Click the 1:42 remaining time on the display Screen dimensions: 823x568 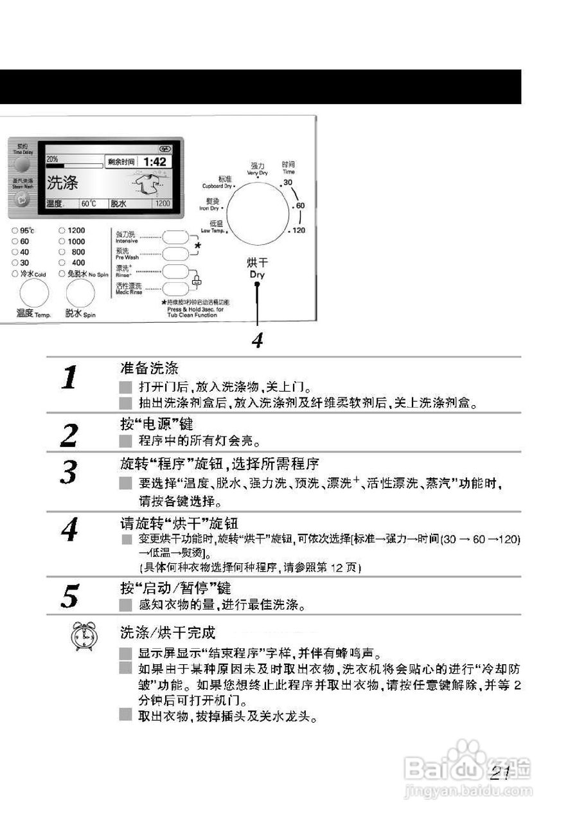pyautogui.click(x=154, y=162)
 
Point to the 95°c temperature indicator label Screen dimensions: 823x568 pyautogui.click(x=26, y=230)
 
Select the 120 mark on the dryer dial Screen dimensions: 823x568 pyautogui.click(x=299, y=230)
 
